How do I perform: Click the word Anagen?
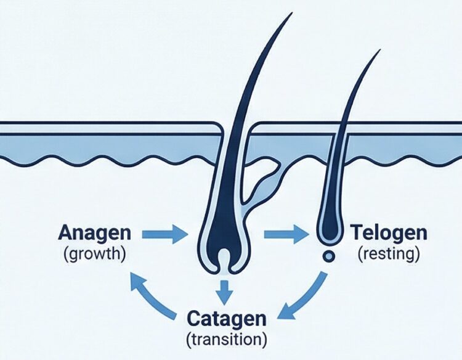tap(95, 233)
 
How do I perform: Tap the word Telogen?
tap(388, 233)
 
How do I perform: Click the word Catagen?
tap(227, 319)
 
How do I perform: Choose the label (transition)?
tap(227, 338)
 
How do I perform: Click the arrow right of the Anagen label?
tap(163, 234)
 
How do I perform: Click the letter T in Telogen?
tap(357, 233)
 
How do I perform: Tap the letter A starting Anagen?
tap(65, 233)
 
